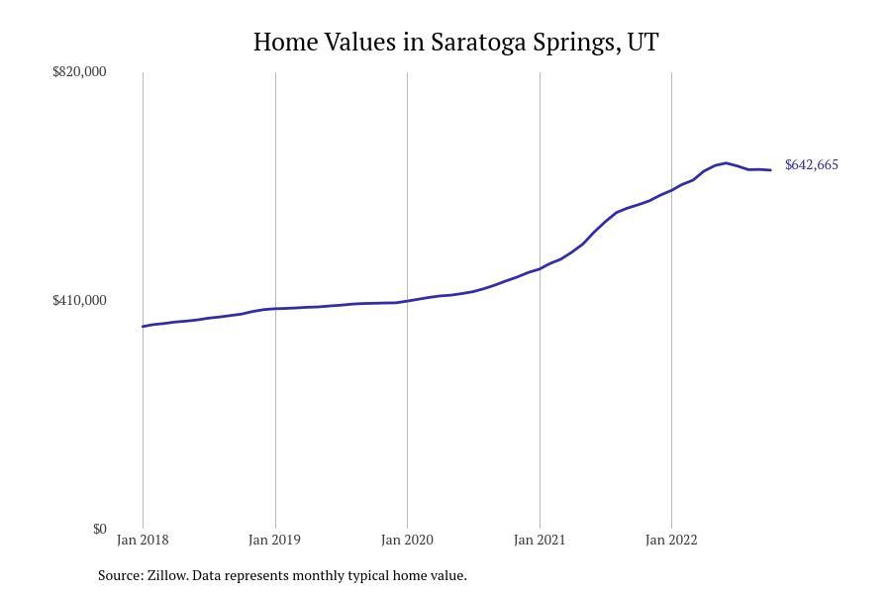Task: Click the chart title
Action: point(455,43)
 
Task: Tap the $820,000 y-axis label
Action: point(79,71)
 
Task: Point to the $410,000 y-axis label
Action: point(79,300)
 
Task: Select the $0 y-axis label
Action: point(99,529)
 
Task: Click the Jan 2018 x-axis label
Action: point(143,540)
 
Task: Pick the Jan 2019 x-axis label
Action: point(275,540)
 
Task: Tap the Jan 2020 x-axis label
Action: point(407,540)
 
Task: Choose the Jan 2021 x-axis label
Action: point(540,540)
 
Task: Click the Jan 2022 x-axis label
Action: point(671,540)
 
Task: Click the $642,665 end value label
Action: point(811,165)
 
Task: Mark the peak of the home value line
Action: point(726,162)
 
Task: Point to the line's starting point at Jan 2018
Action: point(143,327)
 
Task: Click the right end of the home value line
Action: point(770,170)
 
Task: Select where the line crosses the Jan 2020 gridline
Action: point(407,301)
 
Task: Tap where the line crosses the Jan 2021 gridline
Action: point(540,268)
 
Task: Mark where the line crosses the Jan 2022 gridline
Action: point(671,190)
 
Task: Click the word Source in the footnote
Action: point(119,575)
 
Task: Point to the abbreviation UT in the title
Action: point(643,43)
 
